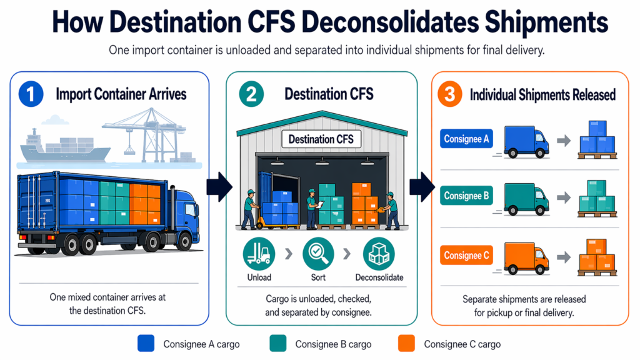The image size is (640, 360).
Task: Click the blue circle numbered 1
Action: pos(31,95)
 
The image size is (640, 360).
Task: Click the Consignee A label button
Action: pos(466,139)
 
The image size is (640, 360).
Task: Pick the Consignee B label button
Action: pos(466,196)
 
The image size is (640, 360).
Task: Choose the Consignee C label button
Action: pos(466,255)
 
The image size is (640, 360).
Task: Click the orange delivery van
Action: pos(526,256)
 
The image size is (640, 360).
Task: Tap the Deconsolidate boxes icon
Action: pos(379,254)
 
